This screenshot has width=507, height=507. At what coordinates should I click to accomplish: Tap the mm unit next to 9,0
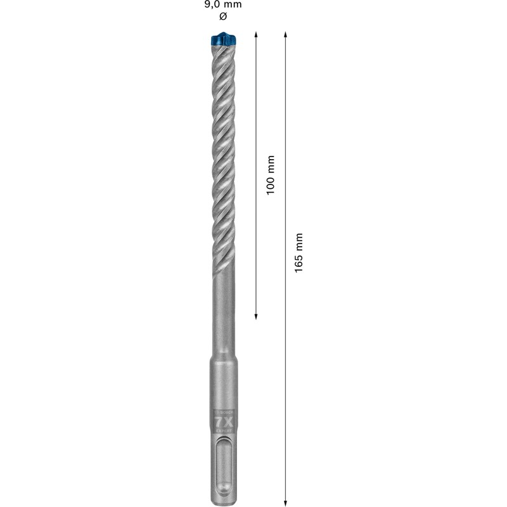coord(233,4)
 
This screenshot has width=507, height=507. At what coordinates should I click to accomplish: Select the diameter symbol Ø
coord(222,16)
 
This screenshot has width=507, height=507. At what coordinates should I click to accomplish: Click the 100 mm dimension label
coord(271,175)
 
